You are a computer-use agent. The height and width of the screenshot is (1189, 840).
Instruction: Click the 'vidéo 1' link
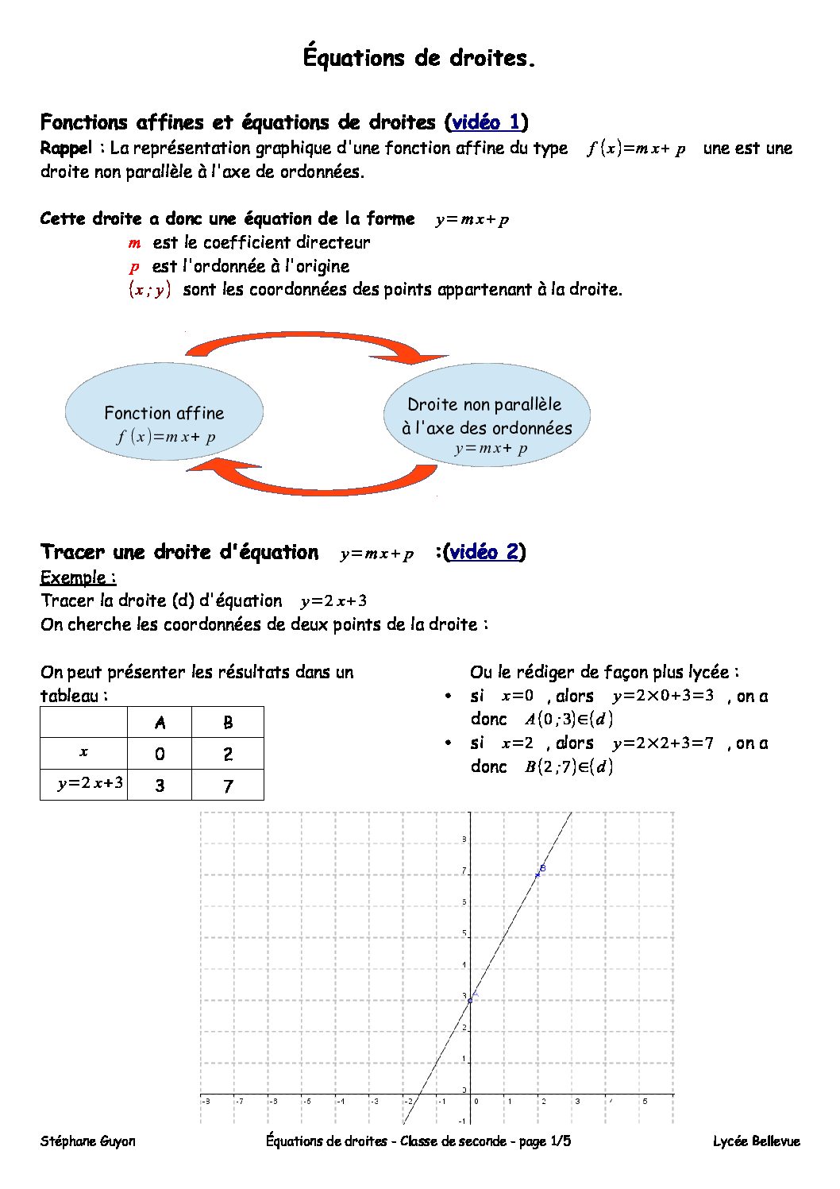pyautogui.click(x=486, y=122)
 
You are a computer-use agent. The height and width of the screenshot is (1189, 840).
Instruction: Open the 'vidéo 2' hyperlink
pyautogui.click(x=484, y=552)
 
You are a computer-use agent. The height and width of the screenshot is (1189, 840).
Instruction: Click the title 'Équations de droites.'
pyautogui.click(x=419, y=58)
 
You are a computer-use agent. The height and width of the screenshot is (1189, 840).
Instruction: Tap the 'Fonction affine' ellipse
pyautogui.click(x=164, y=411)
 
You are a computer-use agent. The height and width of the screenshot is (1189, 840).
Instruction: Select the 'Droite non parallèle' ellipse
pyautogui.click(x=487, y=414)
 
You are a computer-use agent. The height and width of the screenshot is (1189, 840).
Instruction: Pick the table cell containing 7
pyautogui.click(x=228, y=786)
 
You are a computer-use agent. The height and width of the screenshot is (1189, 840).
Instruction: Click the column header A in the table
pyautogui.click(x=160, y=723)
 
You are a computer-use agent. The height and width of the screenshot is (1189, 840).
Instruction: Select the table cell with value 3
pyautogui.click(x=160, y=786)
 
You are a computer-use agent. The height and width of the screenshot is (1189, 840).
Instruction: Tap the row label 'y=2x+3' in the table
pyautogui.click(x=84, y=784)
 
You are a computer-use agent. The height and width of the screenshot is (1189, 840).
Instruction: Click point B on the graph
pyautogui.click(x=538, y=874)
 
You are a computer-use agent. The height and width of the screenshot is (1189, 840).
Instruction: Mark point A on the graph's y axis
pyautogui.click(x=470, y=1000)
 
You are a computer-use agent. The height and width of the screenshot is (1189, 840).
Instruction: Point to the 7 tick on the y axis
pyautogui.click(x=464, y=872)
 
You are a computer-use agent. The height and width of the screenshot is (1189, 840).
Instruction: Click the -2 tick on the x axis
pyautogui.click(x=408, y=1102)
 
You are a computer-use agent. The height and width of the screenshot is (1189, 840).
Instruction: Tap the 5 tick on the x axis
pyautogui.click(x=645, y=1102)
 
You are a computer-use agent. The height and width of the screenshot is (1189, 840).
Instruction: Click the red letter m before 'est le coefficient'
pyautogui.click(x=134, y=243)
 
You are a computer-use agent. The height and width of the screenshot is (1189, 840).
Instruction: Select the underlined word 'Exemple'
pyautogui.click(x=77, y=577)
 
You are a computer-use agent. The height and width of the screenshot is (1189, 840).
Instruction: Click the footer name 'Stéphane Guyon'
pyautogui.click(x=88, y=1141)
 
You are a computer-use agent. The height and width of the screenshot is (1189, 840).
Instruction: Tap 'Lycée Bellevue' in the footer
pyautogui.click(x=756, y=1141)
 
